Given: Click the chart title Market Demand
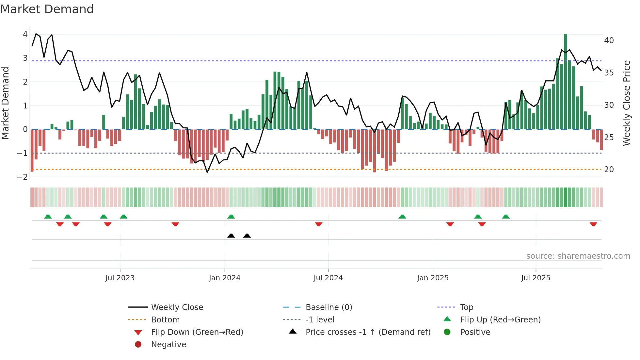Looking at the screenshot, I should click(47, 9).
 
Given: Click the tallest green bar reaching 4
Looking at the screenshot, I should click(566, 82).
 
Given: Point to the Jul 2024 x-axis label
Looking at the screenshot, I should click(328, 278).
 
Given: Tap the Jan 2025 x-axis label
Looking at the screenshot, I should click(433, 278).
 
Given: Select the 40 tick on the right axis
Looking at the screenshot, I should click(609, 41).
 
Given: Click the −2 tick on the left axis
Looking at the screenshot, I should click(23, 177).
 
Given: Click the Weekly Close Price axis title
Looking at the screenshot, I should click(626, 103).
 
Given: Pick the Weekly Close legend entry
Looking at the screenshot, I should click(177, 307).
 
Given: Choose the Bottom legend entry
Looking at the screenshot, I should click(165, 320).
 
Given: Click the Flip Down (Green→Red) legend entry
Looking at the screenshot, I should click(197, 332).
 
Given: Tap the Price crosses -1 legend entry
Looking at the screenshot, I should click(368, 332).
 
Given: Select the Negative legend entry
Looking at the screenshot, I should click(168, 345).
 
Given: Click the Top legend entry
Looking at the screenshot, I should click(467, 307).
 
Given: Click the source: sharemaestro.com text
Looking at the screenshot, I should click(578, 256).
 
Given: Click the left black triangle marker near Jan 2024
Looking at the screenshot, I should click(231, 236).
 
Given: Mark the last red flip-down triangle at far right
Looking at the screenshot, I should click(593, 224).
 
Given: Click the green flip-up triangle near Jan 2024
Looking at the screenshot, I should click(231, 217).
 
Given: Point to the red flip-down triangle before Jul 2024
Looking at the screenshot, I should click(319, 224).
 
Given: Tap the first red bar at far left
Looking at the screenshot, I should click(32, 150).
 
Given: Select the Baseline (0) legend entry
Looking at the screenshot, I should click(329, 307).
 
